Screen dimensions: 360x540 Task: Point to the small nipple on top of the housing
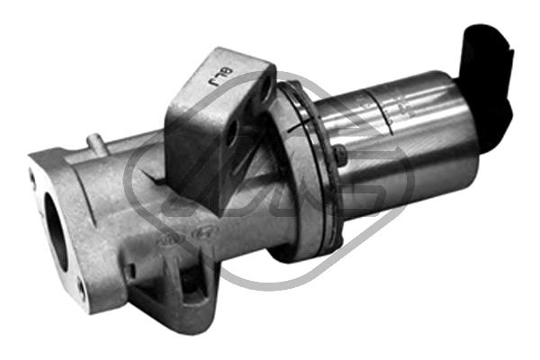pyautogui.click(x=94, y=142)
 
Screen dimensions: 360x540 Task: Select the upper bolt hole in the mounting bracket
pyautogui.click(x=265, y=88)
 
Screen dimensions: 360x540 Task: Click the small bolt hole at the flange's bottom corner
pyautogui.click(x=81, y=290)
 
